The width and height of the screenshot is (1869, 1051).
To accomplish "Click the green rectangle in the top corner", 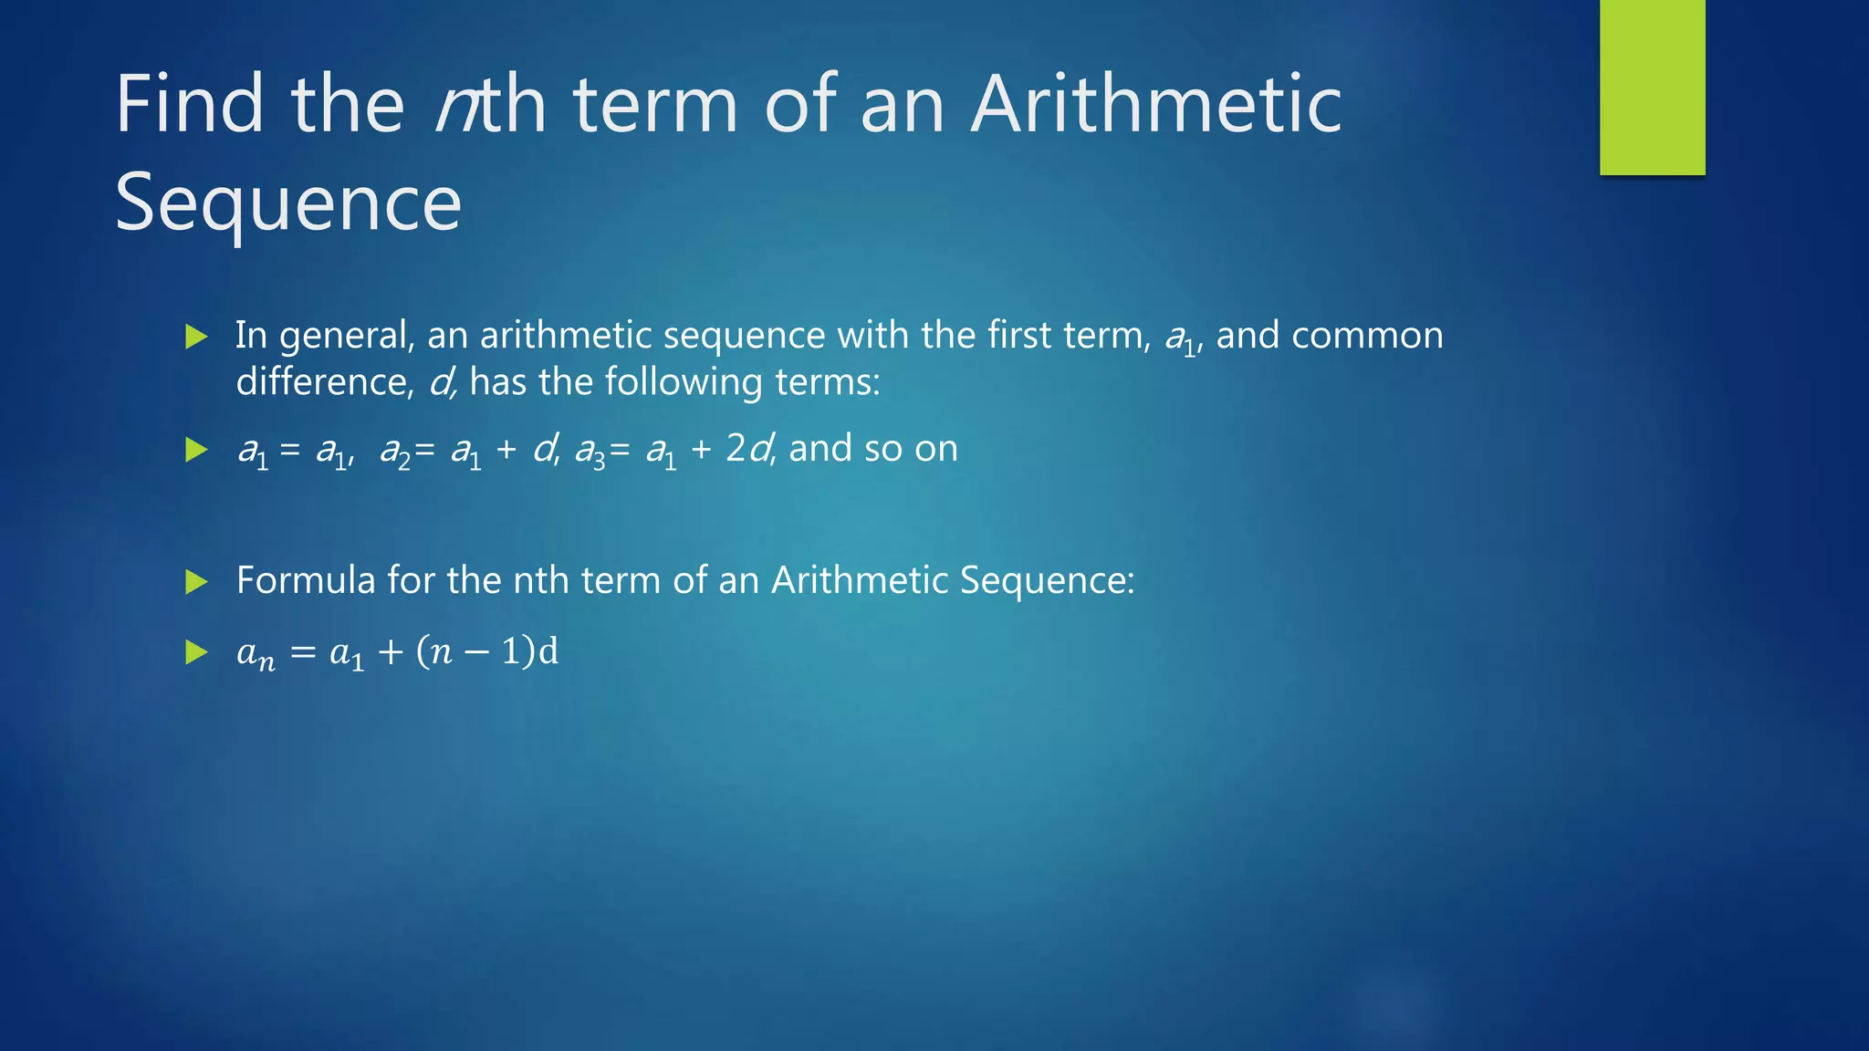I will click(x=1652, y=87).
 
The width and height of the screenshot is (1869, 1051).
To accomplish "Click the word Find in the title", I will click(x=189, y=104).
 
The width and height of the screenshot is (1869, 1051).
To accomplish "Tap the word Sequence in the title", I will click(x=288, y=203).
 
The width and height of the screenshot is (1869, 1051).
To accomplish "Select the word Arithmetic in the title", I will click(x=1155, y=104).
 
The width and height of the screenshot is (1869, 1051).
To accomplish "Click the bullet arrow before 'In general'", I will click(x=196, y=337).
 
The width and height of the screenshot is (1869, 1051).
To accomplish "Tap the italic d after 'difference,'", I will click(x=441, y=381).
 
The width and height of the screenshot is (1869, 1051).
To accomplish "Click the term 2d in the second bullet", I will click(x=748, y=448).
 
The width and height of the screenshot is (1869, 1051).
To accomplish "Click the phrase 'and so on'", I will click(x=873, y=448).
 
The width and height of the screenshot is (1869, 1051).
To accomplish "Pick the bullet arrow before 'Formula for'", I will click(x=196, y=581).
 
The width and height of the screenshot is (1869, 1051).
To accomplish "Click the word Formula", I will click(x=306, y=580).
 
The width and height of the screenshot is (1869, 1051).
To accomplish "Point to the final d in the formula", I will click(x=548, y=651).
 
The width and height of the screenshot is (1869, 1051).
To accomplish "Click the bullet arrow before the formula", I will click(x=196, y=651).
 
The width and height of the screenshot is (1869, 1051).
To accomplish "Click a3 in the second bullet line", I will click(x=590, y=452).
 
